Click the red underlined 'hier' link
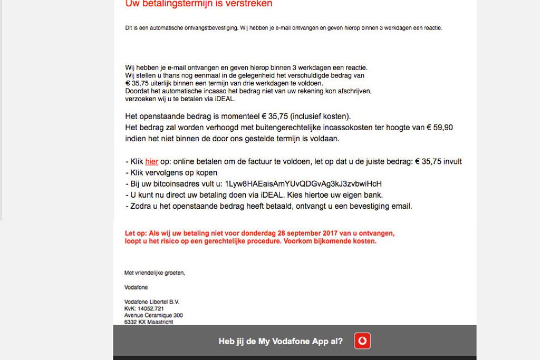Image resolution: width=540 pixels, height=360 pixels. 151,162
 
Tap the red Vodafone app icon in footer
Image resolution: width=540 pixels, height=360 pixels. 362,341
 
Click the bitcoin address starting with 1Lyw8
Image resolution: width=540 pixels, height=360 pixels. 303,184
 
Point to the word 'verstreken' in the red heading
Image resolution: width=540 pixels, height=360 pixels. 248,4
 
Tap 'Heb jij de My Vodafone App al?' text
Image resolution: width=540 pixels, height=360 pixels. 281,342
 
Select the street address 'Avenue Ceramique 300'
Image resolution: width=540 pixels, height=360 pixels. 153,315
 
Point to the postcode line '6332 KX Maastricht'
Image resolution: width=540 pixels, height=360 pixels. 149,322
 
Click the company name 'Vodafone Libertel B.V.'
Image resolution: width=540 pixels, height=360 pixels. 152,302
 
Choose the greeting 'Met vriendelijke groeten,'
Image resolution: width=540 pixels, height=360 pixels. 155,273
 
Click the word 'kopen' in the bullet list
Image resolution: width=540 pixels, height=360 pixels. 206,173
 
